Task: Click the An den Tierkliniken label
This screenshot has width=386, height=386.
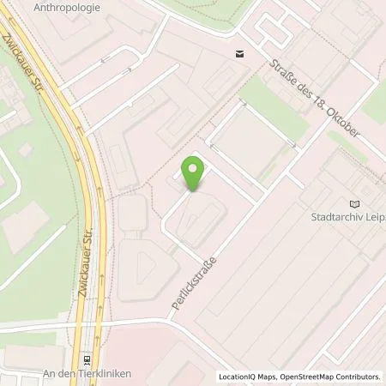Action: (84, 374)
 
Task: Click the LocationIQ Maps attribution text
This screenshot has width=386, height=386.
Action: (249, 377)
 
